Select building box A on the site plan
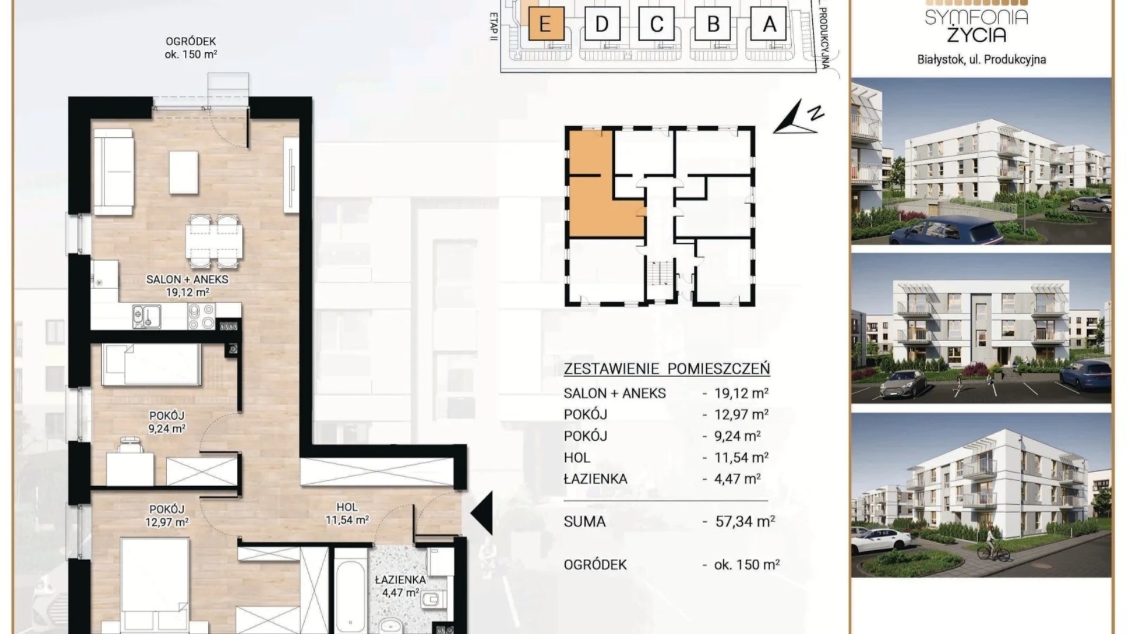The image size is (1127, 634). click(x=769, y=23)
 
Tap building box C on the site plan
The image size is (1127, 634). click(x=657, y=23)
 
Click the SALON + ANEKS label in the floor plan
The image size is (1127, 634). click(x=187, y=279)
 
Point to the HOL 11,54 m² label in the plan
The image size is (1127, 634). click(x=347, y=514)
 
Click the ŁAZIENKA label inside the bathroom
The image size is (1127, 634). click(x=400, y=579)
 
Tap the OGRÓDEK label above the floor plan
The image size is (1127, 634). click(x=191, y=42)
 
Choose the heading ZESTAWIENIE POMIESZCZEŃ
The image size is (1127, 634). click(x=667, y=369)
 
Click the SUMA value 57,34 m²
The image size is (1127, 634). click(x=745, y=521)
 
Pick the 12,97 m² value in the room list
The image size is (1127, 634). click(x=741, y=414)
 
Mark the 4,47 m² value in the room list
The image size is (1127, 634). click(x=737, y=478)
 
